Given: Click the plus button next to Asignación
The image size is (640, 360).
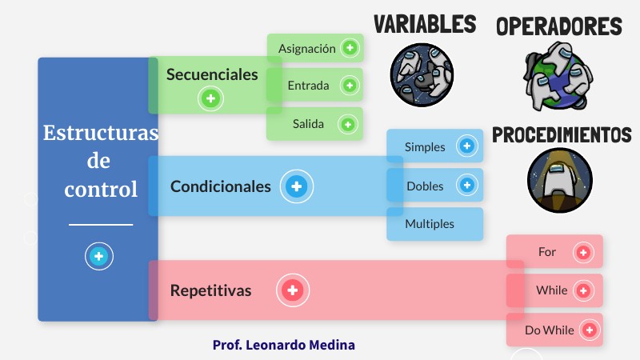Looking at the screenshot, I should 350,48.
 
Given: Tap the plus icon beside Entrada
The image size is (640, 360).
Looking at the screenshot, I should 350,85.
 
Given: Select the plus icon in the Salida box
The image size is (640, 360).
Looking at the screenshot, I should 347,124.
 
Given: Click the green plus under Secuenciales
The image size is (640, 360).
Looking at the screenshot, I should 211,99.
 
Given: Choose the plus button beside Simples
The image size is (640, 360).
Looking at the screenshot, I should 466,146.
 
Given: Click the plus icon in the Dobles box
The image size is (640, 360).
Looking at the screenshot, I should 466,185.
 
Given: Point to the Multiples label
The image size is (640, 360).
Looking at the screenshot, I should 430,224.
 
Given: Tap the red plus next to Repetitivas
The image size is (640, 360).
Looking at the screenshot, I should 293,290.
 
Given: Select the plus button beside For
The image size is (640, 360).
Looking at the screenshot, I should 584,252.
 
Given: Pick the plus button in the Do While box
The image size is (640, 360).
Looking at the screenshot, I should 589,329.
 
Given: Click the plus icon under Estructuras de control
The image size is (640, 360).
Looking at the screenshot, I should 98,257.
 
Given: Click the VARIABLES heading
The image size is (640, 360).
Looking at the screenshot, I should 424,24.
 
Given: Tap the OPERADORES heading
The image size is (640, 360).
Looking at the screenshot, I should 558,26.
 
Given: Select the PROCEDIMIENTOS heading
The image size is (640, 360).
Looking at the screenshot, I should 561,134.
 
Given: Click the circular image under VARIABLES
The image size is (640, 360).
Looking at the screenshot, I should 422,74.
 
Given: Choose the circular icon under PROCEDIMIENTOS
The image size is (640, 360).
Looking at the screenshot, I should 559,181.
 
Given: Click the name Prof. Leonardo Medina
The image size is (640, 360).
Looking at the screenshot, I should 283,345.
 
